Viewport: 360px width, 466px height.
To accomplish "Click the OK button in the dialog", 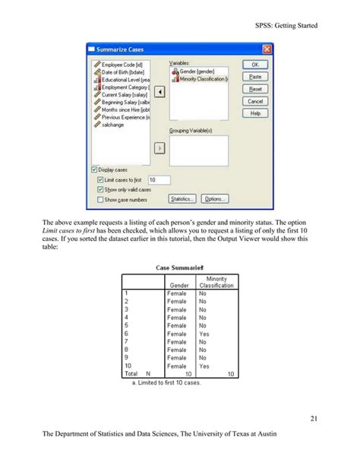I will tap(255, 65).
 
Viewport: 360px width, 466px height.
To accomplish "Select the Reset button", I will tap(255, 89).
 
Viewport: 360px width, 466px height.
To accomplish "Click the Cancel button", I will tap(255, 101).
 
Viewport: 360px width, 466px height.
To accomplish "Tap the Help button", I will tap(255, 113).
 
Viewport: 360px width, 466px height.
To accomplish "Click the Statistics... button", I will tap(182, 199).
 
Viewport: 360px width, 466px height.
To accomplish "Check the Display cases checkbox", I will tap(94, 170).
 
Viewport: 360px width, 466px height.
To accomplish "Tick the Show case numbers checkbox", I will tap(100, 199).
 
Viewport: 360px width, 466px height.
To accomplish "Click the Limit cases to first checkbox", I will tap(100, 179).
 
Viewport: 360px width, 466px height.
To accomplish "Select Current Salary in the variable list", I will tap(120, 94).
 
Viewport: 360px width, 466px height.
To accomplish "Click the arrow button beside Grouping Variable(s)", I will tap(159, 148).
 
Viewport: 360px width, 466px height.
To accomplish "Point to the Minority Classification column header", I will tap(216, 282).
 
